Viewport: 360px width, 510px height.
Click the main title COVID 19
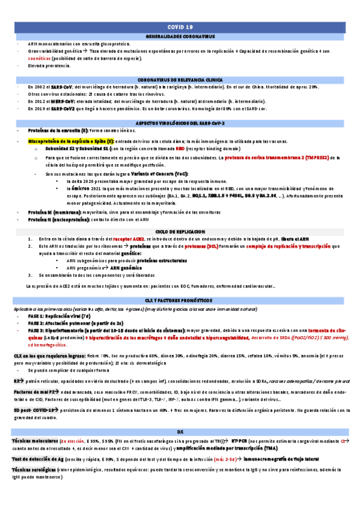click(180, 28)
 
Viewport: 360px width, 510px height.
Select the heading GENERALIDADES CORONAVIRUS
click(180, 37)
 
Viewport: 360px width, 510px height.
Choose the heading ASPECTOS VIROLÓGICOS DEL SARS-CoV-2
click(180, 123)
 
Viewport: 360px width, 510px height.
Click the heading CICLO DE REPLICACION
click(180, 231)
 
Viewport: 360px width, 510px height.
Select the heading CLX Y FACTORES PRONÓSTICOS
click(180, 300)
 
